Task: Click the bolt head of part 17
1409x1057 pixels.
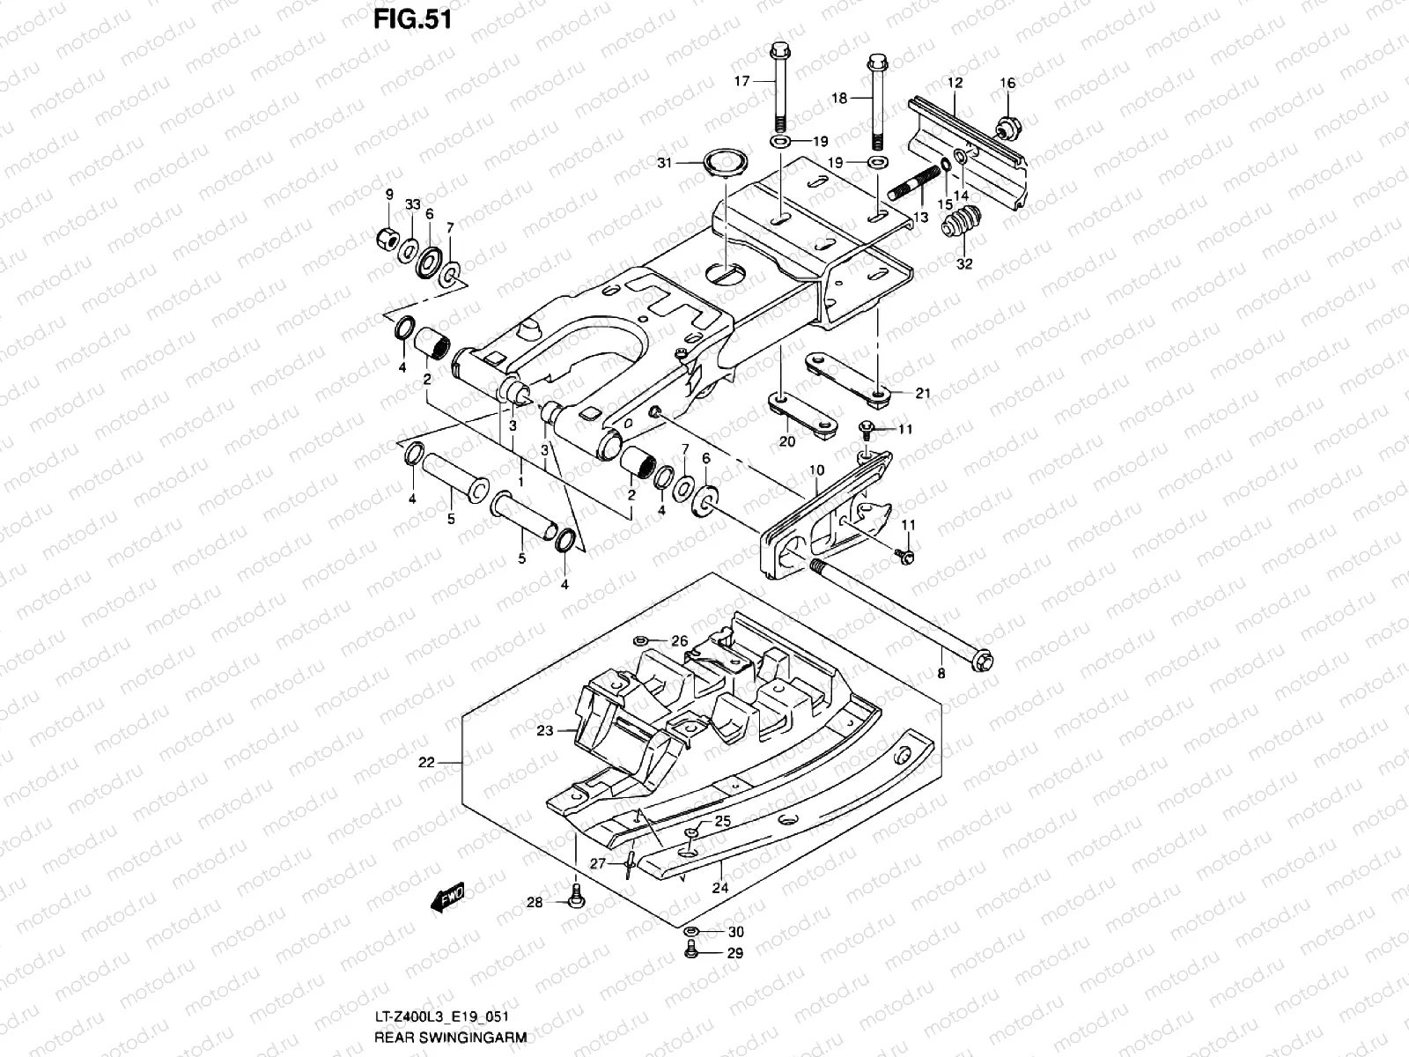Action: tap(779, 51)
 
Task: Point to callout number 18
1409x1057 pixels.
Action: tap(839, 99)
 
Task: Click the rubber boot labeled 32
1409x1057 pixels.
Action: tap(963, 224)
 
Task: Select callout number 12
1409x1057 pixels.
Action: tap(955, 82)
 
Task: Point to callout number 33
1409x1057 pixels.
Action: tap(411, 203)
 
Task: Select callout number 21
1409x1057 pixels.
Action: tap(922, 393)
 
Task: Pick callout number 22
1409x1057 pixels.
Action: tap(426, 763)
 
